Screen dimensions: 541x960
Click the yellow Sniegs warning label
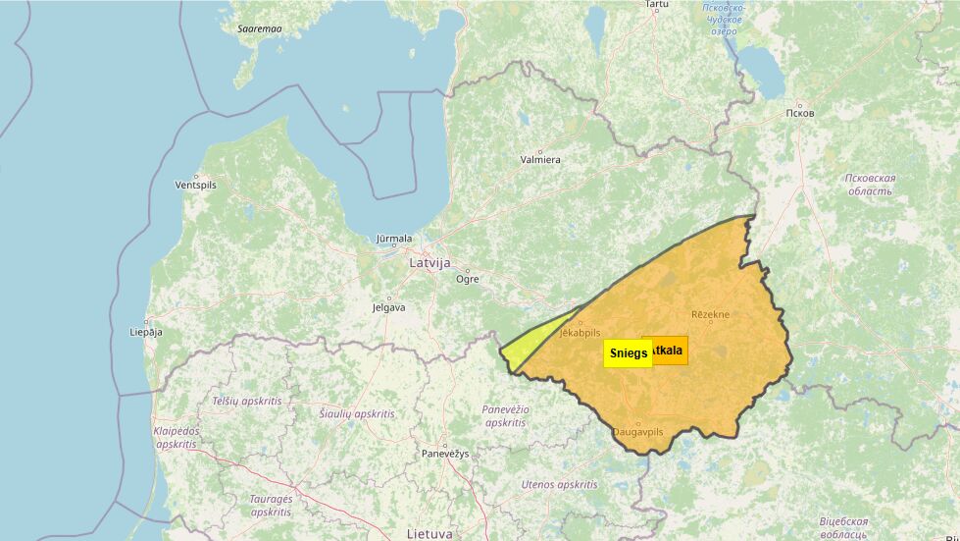pyautogui.click(x=628, y=352)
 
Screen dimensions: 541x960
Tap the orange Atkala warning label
pyautogui.click(x=668, y=350)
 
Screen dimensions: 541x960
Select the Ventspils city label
pyautogui.click(x=195, y=185)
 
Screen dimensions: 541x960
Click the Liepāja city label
pyautogui.click(x=145, y=332)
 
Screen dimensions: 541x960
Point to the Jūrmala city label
pyautogui.click(x=394, y=239)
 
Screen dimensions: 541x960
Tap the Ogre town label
pyautogui.click(x=468, y=279)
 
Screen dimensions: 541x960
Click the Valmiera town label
pyautogui.click(x=540, y=159)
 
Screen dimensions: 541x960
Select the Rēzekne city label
pyautogui.click(x=711, y=314)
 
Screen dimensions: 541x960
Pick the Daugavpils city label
pyautogui.click(x=638, y=431)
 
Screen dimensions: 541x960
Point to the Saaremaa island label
pyautogui.click(x=259, y=28)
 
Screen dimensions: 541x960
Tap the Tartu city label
pyautogui.click(x=656, y=5)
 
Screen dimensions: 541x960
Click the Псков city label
pyautogui.click(x=799, y=113)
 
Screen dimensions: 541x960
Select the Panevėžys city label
pyautogui.click(x=446, y=454)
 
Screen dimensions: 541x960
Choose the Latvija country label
pyautogui.click(x=429, y=263)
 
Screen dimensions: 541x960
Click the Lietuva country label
pyautogui.click(x=429, y=533)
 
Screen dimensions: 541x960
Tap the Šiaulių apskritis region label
pyautogui.click(x=357, y=414)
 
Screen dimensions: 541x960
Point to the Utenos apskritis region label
pyautogui.click(x=559, y=484)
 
